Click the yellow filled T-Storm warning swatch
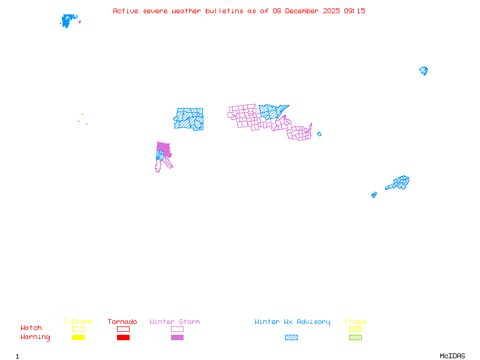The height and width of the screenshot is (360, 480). [78, 338]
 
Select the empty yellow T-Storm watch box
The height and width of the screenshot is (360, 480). [78, 329]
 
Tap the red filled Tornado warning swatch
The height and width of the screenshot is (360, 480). [123, 338]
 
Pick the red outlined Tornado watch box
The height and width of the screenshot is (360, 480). [123, 329]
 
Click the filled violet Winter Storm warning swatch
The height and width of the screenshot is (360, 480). [177, 338]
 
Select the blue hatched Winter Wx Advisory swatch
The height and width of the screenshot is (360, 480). [291, 338]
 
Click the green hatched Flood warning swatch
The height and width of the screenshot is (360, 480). [355, 338]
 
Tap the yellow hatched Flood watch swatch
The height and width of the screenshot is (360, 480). [355, 329]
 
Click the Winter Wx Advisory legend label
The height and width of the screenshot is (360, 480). [292, 322]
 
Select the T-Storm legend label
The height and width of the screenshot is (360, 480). [77, 322]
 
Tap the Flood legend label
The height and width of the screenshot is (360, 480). [355, 322]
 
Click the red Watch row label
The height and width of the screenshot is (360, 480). [31, 328]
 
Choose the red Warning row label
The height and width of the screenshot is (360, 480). [35, 337]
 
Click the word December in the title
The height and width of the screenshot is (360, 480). [301, 11]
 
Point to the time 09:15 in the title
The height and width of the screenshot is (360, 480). [353, 11]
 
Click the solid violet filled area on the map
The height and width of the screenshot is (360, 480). [163, 148]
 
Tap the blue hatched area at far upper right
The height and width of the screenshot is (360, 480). [424, 71]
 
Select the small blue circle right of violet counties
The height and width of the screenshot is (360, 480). [319, 134]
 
